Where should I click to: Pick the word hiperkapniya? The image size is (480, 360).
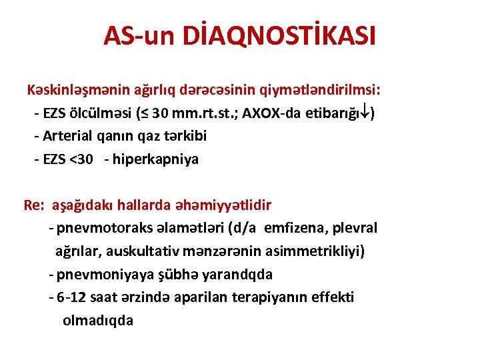156,159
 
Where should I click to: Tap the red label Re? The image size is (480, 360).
33,205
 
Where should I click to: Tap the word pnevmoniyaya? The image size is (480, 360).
99,274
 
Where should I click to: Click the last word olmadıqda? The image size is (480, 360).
98,320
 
